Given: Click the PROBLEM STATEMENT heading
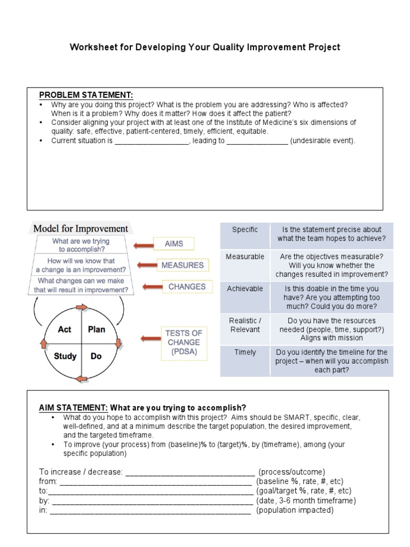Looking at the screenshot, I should pyautogui.click(x=86, y=95).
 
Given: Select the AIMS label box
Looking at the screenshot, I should pyautogui.click(x=174, y=244).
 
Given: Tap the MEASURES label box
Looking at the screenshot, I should pyautogui.click(x=183, y=265).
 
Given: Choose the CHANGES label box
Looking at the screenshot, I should pyautogui.click(x=187, y=287).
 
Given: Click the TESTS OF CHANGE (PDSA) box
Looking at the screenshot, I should pyautogui.click(x=183, y=342).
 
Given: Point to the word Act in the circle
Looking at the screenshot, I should pyautogui.click(x=65, y=330).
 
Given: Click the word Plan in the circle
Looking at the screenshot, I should pyautogui.click(x=96, y=330).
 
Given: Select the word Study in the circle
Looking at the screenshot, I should pyautogui.click(x=65, y=356).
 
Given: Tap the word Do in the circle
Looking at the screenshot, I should pyautogui.click(x=96, y=356).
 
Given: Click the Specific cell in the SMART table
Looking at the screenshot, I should pyautogui.click(x=245, y=230).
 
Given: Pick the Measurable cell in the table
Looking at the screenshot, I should pyautogui.click(x=245, y=257).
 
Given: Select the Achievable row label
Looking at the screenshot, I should pyautogui.click(x=245, y=288).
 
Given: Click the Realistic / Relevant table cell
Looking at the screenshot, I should pyautogui.click(x=245, y=325).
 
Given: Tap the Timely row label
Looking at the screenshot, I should pyautogui.click(x=245, y=353).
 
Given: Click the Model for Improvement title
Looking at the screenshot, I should pyautogui.click(x=81, y=228).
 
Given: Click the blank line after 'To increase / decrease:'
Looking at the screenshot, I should pyautogui.click(x=190, y=472).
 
